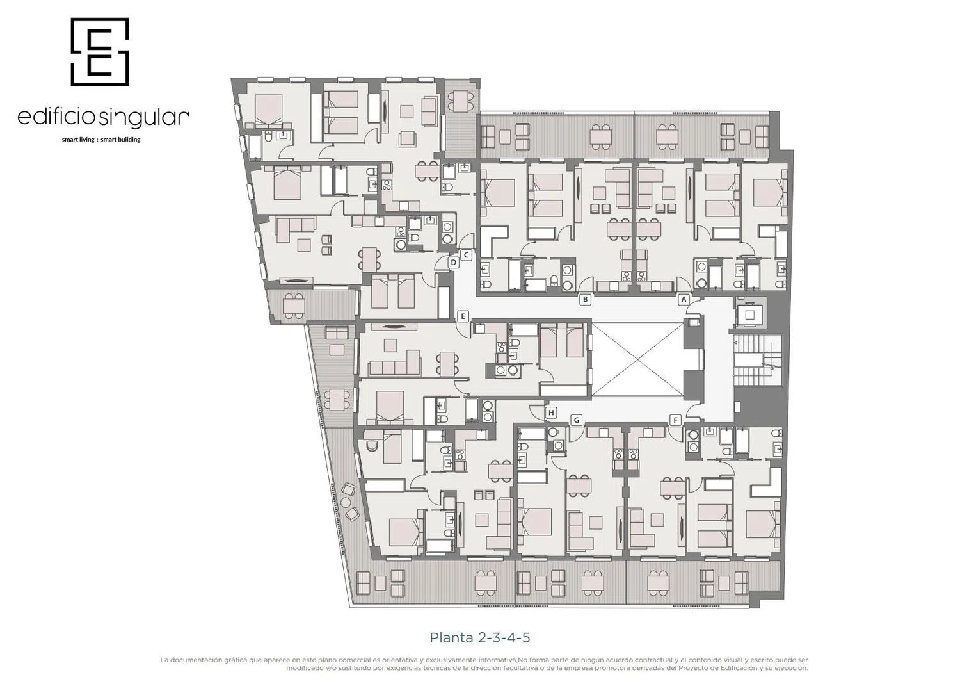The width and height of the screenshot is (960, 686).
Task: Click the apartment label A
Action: click(x=684, y=299)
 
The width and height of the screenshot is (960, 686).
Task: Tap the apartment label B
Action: click(x=585, y=299)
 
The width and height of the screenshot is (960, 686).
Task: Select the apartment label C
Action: click(x=467, y=256)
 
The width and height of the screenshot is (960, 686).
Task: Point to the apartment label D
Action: click(x=453, y=263)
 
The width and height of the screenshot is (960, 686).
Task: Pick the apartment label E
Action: click(x=463, y=316)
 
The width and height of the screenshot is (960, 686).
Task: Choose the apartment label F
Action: click(x=675, y=420)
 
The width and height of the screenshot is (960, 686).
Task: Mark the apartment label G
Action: click(x=577, y=420)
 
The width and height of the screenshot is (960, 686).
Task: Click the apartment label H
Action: click(x=551, y=412)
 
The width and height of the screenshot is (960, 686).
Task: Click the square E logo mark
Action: click(x=100, y=51)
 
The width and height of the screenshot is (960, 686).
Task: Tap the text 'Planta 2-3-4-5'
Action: click(x=480, y=638)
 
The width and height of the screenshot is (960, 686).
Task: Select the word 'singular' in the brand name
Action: click(x=144, y=118)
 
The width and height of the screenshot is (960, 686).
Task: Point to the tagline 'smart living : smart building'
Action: click(x=101, y=140)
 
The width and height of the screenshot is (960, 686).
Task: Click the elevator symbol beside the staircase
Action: click(x=749, y=315)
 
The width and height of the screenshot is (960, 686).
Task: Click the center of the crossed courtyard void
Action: click(x=637, y=359)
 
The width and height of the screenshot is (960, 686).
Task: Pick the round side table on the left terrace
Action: click(x=344, y=502)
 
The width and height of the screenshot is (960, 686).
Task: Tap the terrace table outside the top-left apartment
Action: click(x=461, y=102)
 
